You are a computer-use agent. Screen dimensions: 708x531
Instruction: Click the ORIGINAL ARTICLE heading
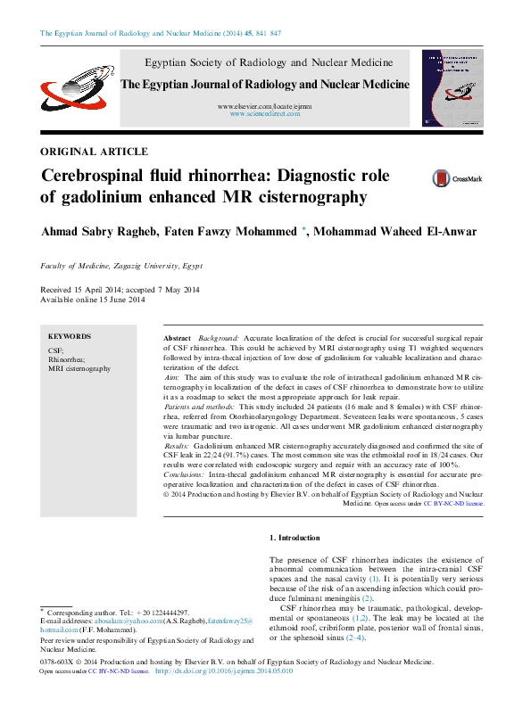pos(95,152)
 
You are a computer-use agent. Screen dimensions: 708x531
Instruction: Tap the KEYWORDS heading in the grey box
pos(70,336)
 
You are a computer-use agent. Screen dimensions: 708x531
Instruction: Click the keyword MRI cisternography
pos(79,368)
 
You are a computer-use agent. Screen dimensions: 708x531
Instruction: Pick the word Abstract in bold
pos(178,340)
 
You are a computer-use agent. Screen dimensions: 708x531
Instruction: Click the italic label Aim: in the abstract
pos(173,379)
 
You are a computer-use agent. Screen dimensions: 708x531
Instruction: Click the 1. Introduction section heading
pos(295,538)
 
